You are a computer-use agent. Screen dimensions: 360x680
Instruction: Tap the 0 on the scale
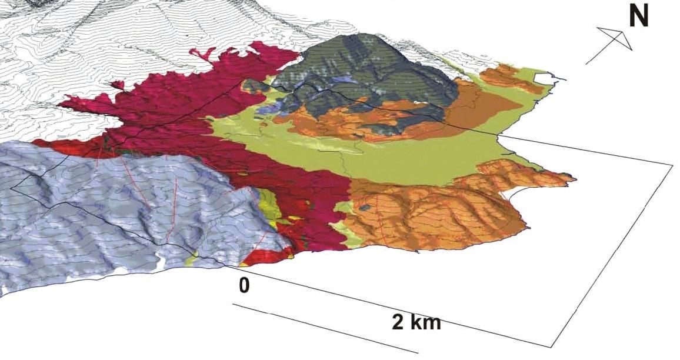245,286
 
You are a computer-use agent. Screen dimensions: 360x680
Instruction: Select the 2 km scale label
416,322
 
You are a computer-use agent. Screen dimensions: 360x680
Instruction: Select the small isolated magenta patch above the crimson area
117,85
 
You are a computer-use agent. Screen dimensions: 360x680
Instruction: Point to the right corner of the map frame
672,164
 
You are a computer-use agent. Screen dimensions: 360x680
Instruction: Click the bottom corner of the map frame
552,346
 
